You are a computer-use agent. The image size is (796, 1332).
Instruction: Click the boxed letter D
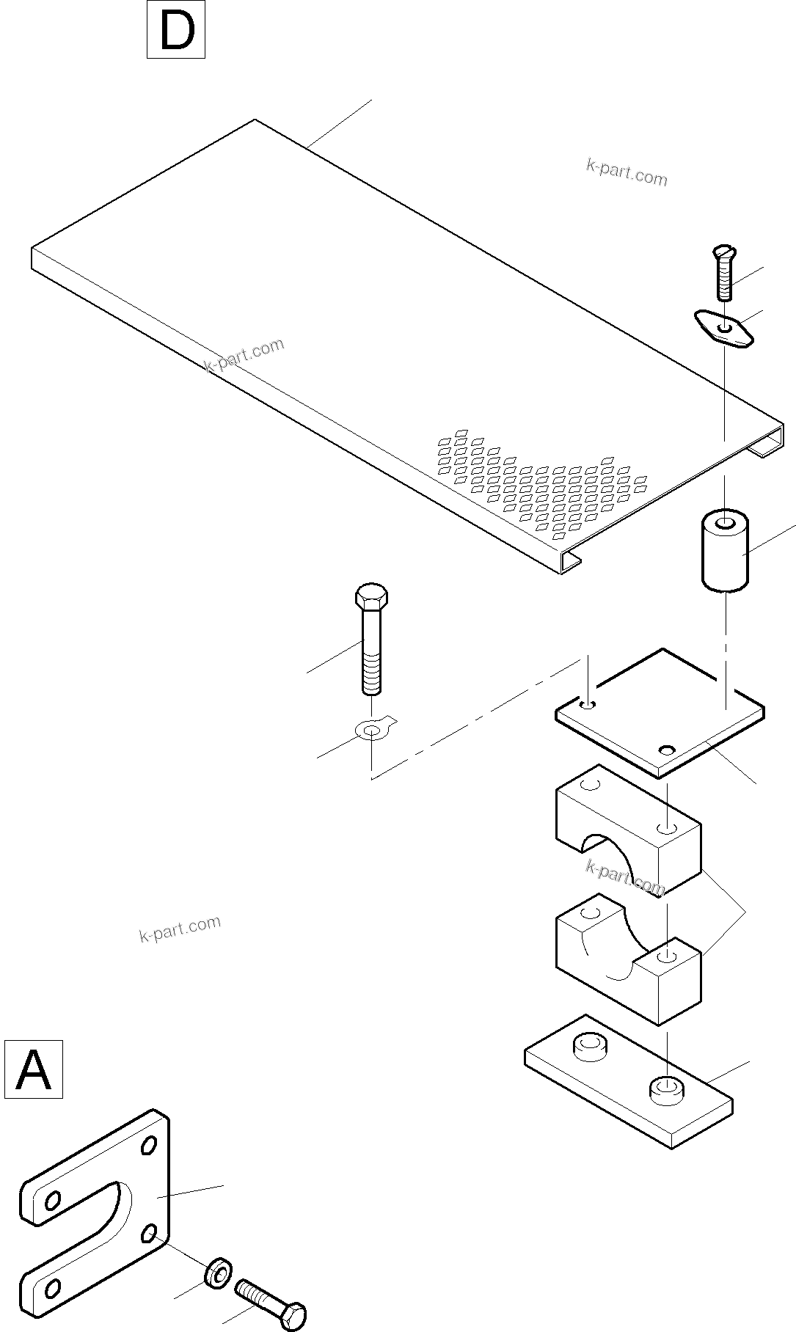pos(176,30)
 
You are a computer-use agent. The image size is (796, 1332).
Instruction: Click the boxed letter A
pos(34,1069)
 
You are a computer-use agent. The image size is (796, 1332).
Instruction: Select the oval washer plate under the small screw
pos(724,327)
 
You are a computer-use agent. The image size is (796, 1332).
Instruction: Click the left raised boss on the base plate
pos(591,1046)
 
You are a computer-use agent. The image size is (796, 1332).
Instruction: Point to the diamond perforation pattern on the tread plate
pos(543,484)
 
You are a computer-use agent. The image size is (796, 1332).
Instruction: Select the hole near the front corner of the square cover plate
pos(666,750)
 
